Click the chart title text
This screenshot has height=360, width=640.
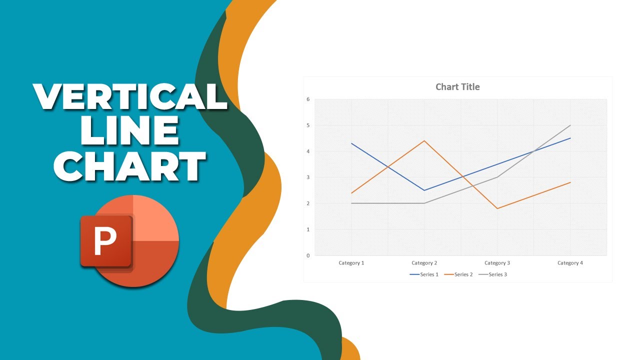[457, 87]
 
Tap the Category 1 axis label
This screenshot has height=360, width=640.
[351, 263]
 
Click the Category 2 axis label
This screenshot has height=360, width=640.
[424, 263]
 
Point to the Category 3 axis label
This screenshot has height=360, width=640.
[497, 263]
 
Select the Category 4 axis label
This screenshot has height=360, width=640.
[570, 263]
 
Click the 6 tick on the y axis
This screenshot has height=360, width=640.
[308, 99]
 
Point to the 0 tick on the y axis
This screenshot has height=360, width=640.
[308, 255]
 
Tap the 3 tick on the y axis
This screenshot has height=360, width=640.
[308, 177]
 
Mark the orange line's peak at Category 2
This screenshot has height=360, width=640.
[424, 141]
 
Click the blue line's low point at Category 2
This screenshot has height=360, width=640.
[424, 190]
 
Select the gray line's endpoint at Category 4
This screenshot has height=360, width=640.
[570, 125]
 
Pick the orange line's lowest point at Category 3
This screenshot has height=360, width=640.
[497, 208]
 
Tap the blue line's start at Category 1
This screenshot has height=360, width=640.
[351, 143]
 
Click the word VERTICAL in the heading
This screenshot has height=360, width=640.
[130, 96]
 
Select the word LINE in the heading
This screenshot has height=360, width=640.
[130, 131]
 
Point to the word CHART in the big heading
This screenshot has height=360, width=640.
[130, 166]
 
